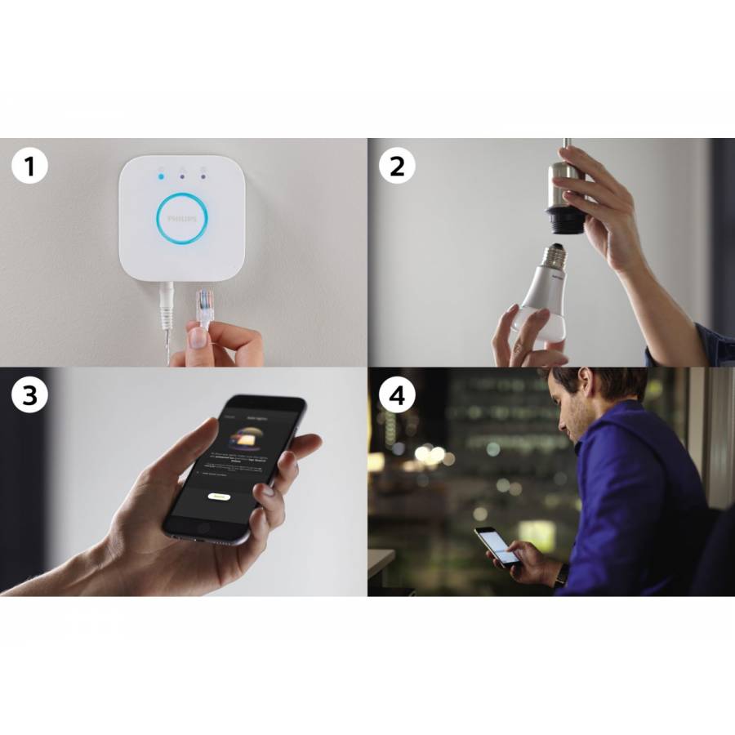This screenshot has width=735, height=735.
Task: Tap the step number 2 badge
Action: [397, 167]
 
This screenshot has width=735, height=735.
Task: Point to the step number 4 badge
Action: [397, 395]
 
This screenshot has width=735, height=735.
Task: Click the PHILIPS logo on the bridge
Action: [181, 220]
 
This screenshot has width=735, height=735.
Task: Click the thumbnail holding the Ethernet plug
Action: [198, 336]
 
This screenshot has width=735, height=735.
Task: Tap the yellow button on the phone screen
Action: [218, 496]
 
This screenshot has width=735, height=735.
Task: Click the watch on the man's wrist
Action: [562, 575]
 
